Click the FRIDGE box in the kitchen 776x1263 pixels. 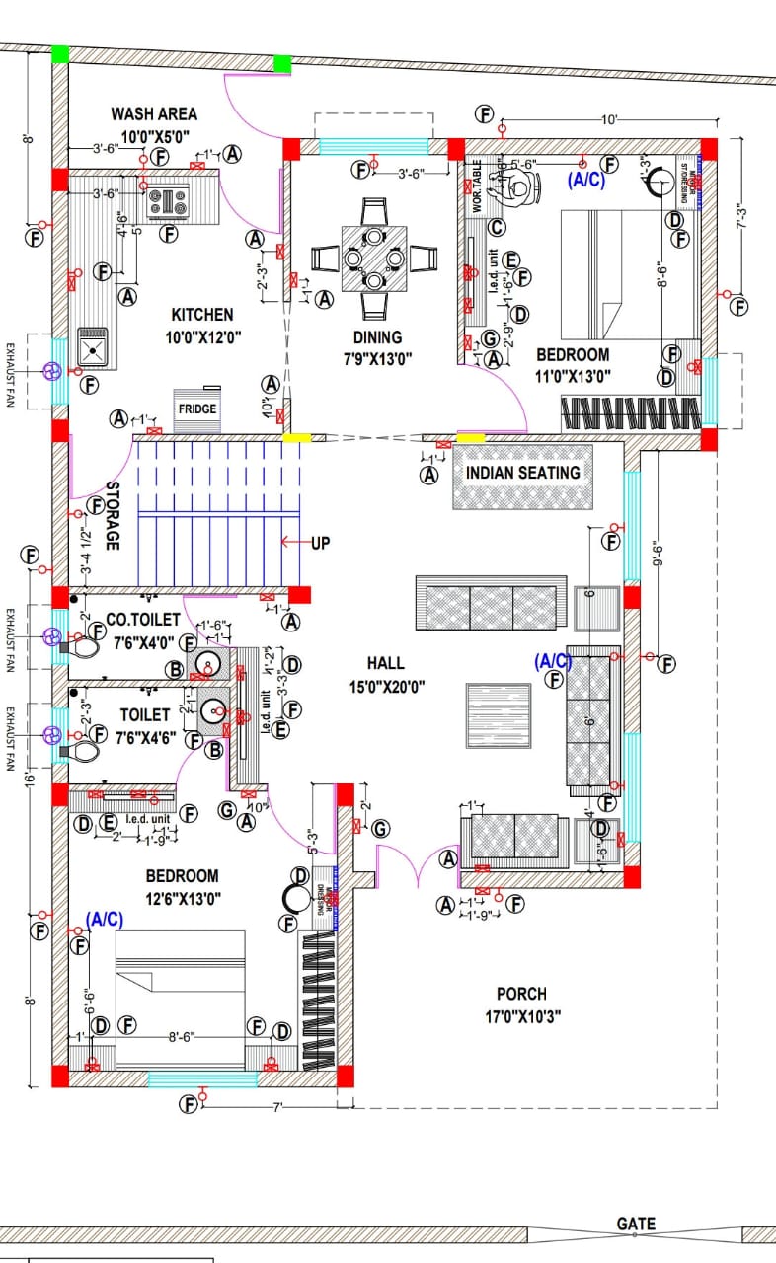[x=197, y=408]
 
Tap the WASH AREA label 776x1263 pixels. [x=153, y=114]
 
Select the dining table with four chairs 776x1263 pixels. [x=374, y=258]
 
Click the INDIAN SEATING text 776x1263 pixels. [x=523, y=473]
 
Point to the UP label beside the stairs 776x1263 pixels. [x=320, y=542]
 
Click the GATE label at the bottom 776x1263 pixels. [x=636, y=1224]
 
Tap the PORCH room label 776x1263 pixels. [x=521, y=994]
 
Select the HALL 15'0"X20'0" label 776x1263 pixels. [x=385, y=674]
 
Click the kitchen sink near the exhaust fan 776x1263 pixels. [x=95, y=348]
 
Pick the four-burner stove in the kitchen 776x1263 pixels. [x=168, y=202]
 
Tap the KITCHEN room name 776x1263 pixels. [x=202, y=315]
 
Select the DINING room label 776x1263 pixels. [x=377, y=337]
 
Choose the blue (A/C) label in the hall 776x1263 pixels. [x=553, y=659]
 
